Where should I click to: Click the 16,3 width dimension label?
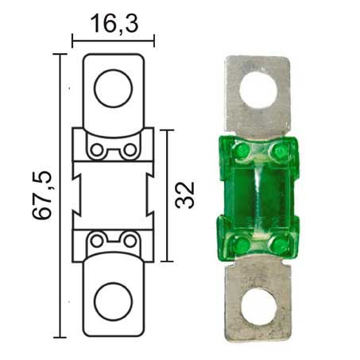coord(114,24)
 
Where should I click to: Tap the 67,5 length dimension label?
coord(41,195)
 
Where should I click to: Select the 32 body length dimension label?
coord(184,195)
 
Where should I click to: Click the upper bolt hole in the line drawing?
coord(113,88)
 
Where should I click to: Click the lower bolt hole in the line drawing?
coord(113,301)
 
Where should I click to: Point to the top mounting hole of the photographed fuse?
coord(258,90)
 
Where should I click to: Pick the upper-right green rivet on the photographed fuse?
coord(278,152)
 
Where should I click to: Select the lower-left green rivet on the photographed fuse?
coord(241,243)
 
